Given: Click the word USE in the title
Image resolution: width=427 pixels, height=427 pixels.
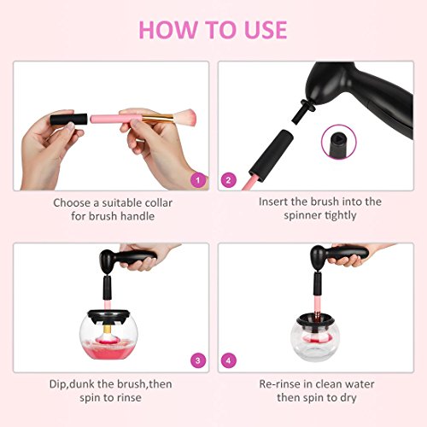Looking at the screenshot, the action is tap(266, 30).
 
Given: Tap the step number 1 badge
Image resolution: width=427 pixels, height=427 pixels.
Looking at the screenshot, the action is tap(198, 180).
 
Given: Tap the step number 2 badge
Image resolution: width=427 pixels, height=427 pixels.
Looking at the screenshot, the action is tap(228, 180).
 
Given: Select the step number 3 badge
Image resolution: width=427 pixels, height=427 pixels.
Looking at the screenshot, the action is tap(198, 360).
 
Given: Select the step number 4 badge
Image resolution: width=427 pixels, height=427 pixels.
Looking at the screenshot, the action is tap(228, 360).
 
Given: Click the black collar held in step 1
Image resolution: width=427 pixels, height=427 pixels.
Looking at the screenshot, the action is tap(68, 120).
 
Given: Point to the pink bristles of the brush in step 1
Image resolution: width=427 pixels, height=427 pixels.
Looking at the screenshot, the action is tap(184, 117).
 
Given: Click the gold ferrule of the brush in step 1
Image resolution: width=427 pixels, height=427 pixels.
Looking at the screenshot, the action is tap(157, 118).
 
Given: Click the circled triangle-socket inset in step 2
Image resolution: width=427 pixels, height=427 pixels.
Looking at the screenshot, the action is tap(339, 142).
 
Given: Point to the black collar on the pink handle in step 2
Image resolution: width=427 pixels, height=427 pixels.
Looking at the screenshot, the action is tap(272, 155).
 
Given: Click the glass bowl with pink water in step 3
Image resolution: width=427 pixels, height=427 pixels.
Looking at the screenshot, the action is tap(108, 338).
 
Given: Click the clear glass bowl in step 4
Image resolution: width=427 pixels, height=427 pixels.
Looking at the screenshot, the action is tap(314, 339).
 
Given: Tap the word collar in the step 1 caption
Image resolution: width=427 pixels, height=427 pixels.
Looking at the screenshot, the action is tap(159, 203).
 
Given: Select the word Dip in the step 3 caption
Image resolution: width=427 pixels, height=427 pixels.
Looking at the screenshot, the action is tap(58, 384).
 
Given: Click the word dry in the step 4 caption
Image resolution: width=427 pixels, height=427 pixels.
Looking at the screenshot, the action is tap(348, 398).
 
